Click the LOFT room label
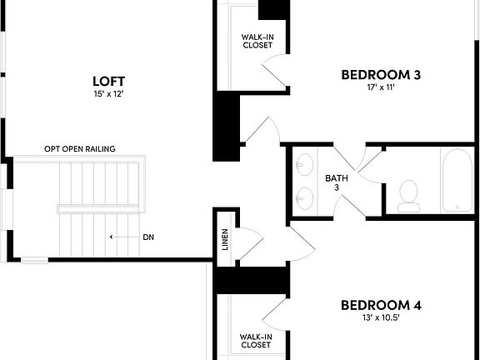108,81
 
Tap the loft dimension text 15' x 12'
108,94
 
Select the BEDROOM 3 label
381,75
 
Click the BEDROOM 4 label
381,305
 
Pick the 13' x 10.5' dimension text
381,318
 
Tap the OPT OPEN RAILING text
80,149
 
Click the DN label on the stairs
148,237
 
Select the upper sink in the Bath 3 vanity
305,162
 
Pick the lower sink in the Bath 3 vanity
305,197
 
